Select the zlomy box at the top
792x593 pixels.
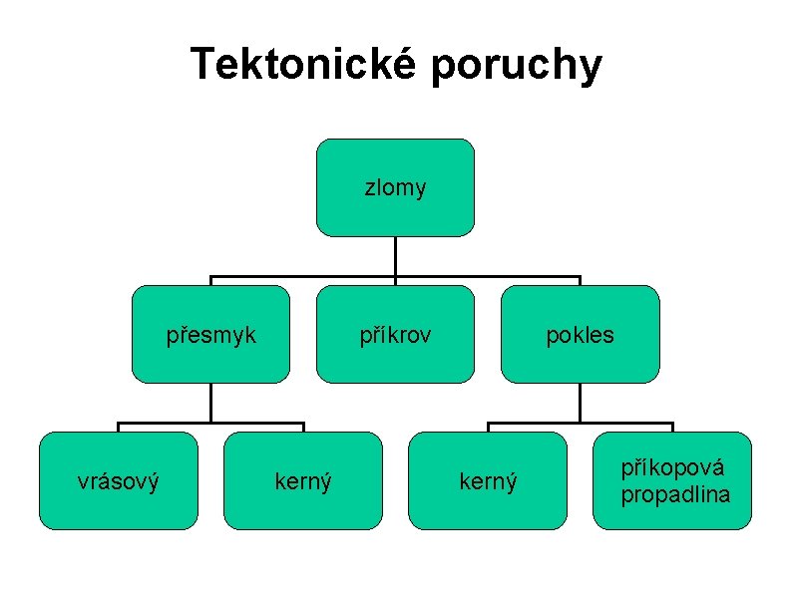pyautogui.click(x=395, y=187)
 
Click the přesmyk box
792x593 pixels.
pyautogui.click(x=211, y=334)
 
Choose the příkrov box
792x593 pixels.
pyautogui.click(x=395, y=334)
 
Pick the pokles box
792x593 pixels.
pyautogui.click(x=580, y=334)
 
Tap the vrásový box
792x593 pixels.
pyautogui.click(x=119, y=480)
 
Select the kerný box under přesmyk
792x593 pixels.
pyautogui.click(x=303, y=480)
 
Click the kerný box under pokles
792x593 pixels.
pyautogui.click(x=488, y=480)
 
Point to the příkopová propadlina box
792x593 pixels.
pyautogui.click(x=672, y=480)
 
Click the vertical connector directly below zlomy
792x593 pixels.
pyautogui.click(x=395, y=256)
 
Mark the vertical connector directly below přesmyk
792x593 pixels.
pyautogui.click(x=211, y=404)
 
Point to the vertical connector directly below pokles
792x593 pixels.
pyautogui.click(x=580, y=404)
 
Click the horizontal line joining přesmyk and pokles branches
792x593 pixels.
pyautogui.click(x=299, y=276)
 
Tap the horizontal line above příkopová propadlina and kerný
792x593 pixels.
pyautogui.click(x=628, y=425)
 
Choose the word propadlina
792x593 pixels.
pyautogui.click(x=675, y=494)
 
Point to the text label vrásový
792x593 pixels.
pyautogui.click(x=119, y=482)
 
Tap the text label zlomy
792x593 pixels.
pyautogui.click(x=395, y=187)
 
